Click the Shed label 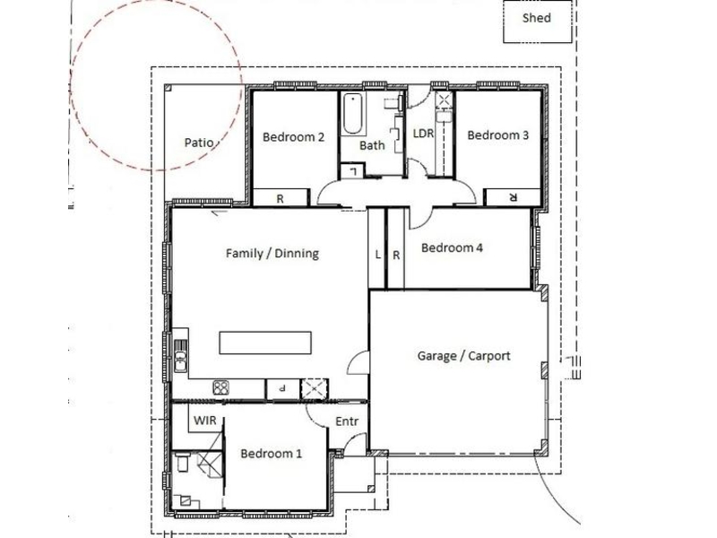(536, 18)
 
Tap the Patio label (199, 143)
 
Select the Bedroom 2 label (294, 137)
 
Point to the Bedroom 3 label (498, 135)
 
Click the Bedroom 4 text (452, 248)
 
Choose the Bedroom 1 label (272, 454)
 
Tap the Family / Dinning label (272, 254)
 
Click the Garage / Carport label (463, 356)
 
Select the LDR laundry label (423, 133)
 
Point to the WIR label (204, 421)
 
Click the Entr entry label (347, 421)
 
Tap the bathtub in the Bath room (352, 114)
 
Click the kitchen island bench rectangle (265, 343)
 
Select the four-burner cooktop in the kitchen (220, 388)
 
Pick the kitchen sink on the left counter (181, 356)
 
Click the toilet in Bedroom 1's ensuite (182, 463)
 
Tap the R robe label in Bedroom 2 (280, 199)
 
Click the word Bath (372, 145)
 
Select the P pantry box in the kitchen (282, 389)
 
